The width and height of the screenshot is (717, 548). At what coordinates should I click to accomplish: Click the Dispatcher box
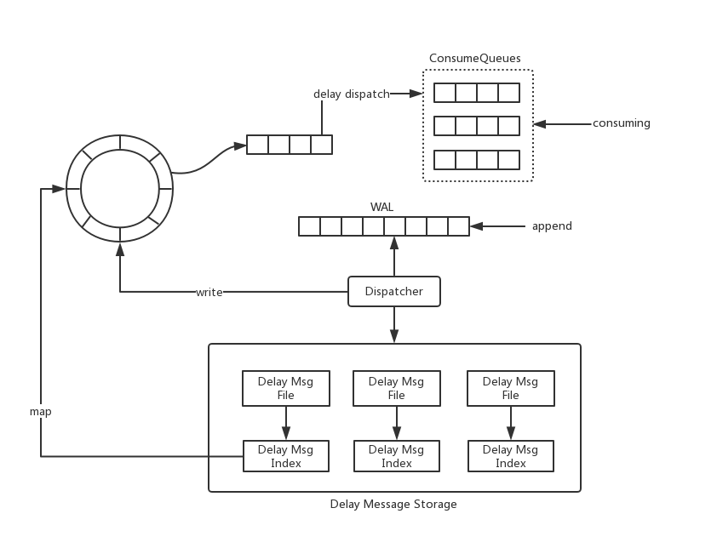coord(394,291)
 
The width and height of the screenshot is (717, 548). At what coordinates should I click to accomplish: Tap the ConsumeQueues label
coord(474,58)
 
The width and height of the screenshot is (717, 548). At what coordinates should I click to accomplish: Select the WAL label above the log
coord(381,207)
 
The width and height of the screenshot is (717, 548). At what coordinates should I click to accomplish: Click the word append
coord(552,226)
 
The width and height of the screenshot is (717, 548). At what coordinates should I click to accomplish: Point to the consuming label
coord(622,123)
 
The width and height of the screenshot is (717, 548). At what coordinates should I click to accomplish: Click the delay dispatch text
coord(352,94)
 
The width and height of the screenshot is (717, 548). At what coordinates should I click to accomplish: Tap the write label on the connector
coord(209,292)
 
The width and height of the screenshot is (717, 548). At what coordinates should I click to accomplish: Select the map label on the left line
coord(41,412)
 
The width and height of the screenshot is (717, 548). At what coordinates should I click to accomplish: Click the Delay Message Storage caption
coord(393,504)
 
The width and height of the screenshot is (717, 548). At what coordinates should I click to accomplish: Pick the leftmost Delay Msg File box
coord(286,388)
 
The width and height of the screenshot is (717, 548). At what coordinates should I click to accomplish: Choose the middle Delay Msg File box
coord(397,388)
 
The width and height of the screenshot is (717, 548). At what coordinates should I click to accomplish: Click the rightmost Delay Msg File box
coord(511,388)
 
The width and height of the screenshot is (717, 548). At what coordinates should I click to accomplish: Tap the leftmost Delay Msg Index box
coord(286,456)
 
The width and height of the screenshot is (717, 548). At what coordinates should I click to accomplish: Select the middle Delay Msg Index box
coord(397,456)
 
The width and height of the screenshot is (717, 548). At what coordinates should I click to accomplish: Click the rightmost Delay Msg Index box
coord(511,456)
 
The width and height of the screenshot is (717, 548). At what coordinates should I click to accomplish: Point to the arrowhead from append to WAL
coord(477,226)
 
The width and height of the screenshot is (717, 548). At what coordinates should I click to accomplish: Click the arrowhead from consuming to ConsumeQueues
coord(540,124)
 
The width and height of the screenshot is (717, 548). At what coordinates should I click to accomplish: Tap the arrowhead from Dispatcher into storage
coord(394,336)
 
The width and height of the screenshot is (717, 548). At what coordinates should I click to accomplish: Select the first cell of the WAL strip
coord(309,226)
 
